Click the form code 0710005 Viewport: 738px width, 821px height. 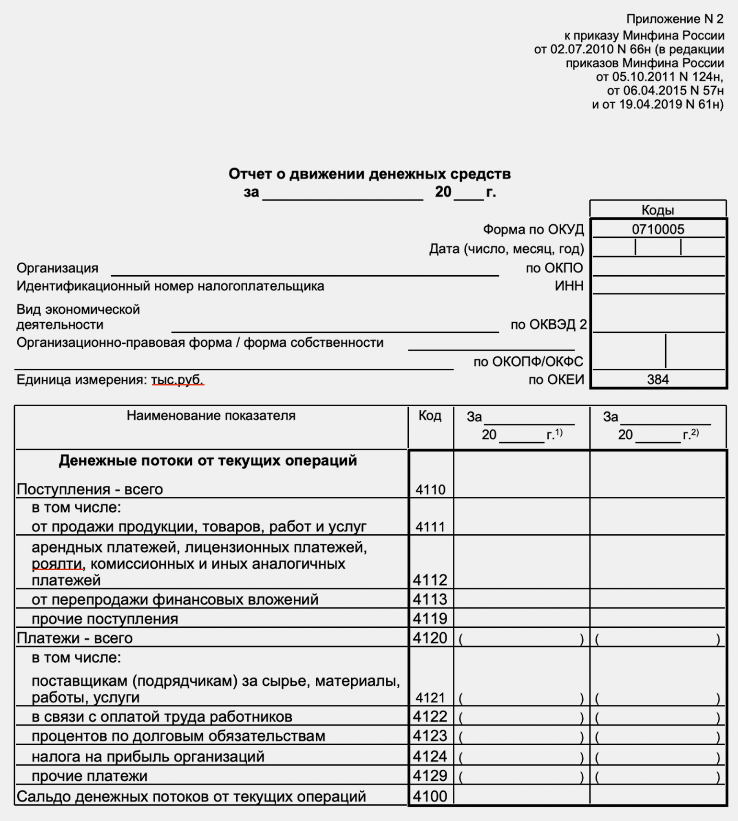coord(657,229)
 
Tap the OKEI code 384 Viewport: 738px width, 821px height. coord(657,379)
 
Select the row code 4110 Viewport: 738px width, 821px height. coord(430,490)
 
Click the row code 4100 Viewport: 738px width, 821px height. coord(430,796)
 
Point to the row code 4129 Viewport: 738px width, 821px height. coord(430,775)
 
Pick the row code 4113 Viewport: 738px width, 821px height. coord(430,599)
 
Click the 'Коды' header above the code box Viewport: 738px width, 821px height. coord(657,210)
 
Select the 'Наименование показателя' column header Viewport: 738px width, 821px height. coord(211,415)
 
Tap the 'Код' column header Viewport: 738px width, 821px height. coord(430,415)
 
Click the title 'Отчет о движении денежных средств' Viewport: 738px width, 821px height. coord(369,174)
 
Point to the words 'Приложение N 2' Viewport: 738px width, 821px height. coord(675,19)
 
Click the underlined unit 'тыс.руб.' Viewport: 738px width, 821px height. coord(177,380)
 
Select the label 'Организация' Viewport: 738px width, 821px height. coord(58,268)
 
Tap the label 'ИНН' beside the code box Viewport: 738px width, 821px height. coord(569,286)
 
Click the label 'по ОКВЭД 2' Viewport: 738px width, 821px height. coord(548,325)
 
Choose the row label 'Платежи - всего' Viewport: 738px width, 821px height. coord(75,638)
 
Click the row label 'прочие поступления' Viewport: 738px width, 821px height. coord(105,619)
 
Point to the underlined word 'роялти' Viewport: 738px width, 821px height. coord(57,564)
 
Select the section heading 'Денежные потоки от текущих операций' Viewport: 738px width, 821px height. coord(208,460)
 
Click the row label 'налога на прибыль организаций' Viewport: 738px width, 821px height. coord(148,757)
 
